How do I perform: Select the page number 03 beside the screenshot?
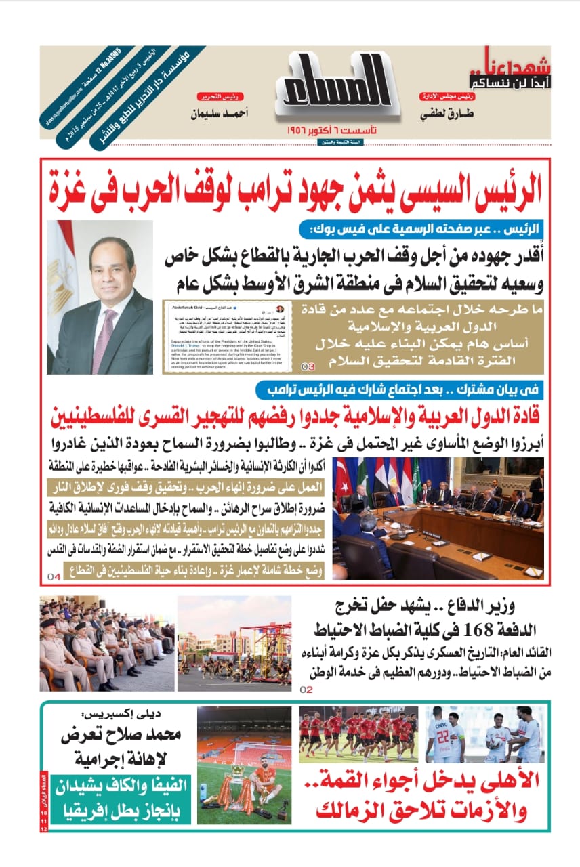coord(308,366)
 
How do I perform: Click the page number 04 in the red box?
coord(54,576)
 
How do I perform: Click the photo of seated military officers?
coord(107,643)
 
